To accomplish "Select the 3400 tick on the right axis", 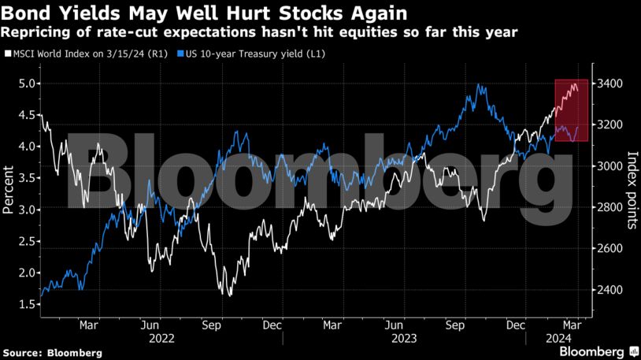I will (611, 84).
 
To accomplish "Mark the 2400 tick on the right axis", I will (611, 290).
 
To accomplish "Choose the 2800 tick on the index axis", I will (611, 207).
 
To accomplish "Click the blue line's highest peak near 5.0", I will (479, 84).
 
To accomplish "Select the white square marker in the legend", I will (6, 54).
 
